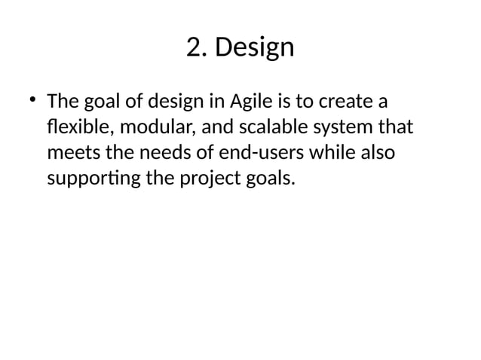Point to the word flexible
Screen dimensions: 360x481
click(78, 127)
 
